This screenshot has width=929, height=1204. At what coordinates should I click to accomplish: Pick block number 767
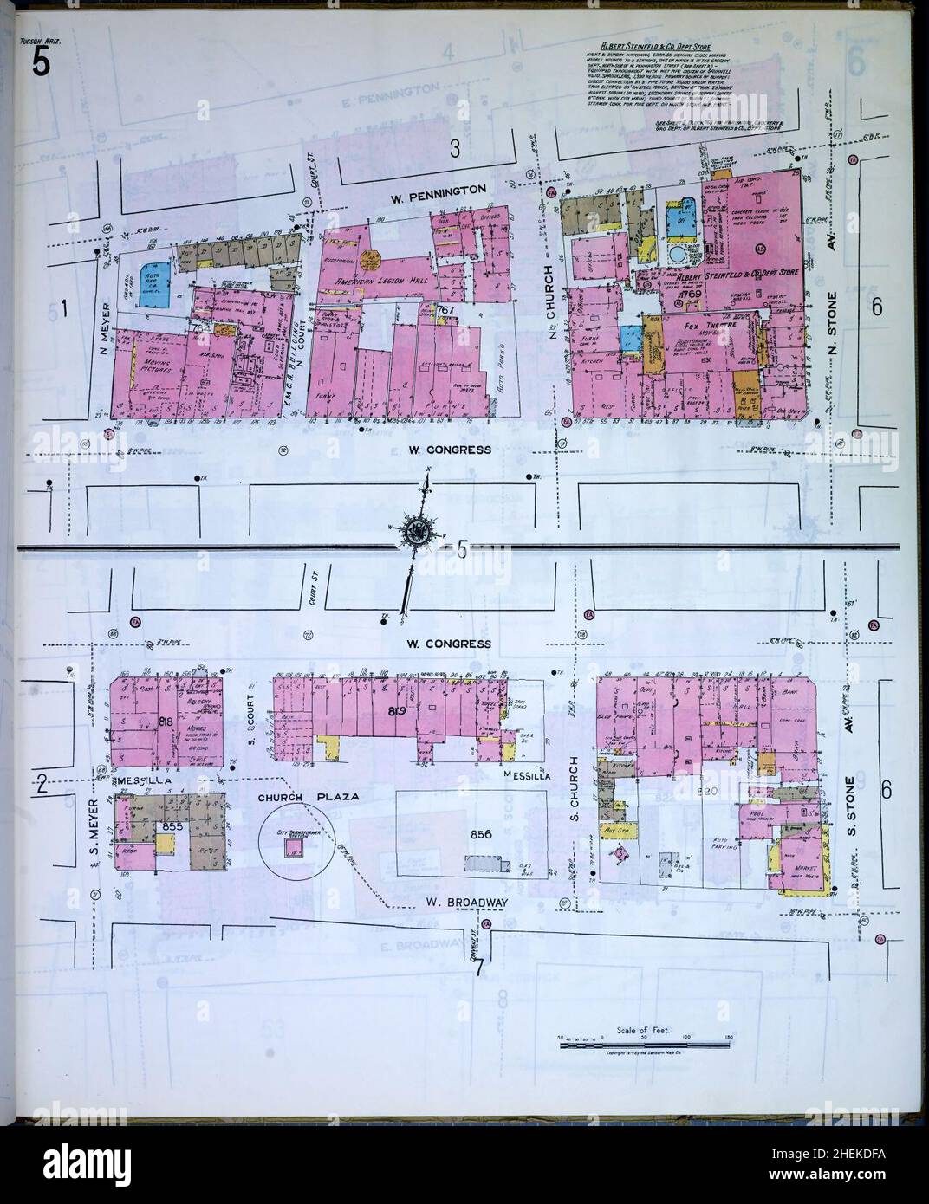coord(446,309)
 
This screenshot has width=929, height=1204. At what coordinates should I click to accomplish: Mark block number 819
coord(398,712)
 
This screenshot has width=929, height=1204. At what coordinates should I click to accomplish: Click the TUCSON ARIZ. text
coord(39,40)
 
